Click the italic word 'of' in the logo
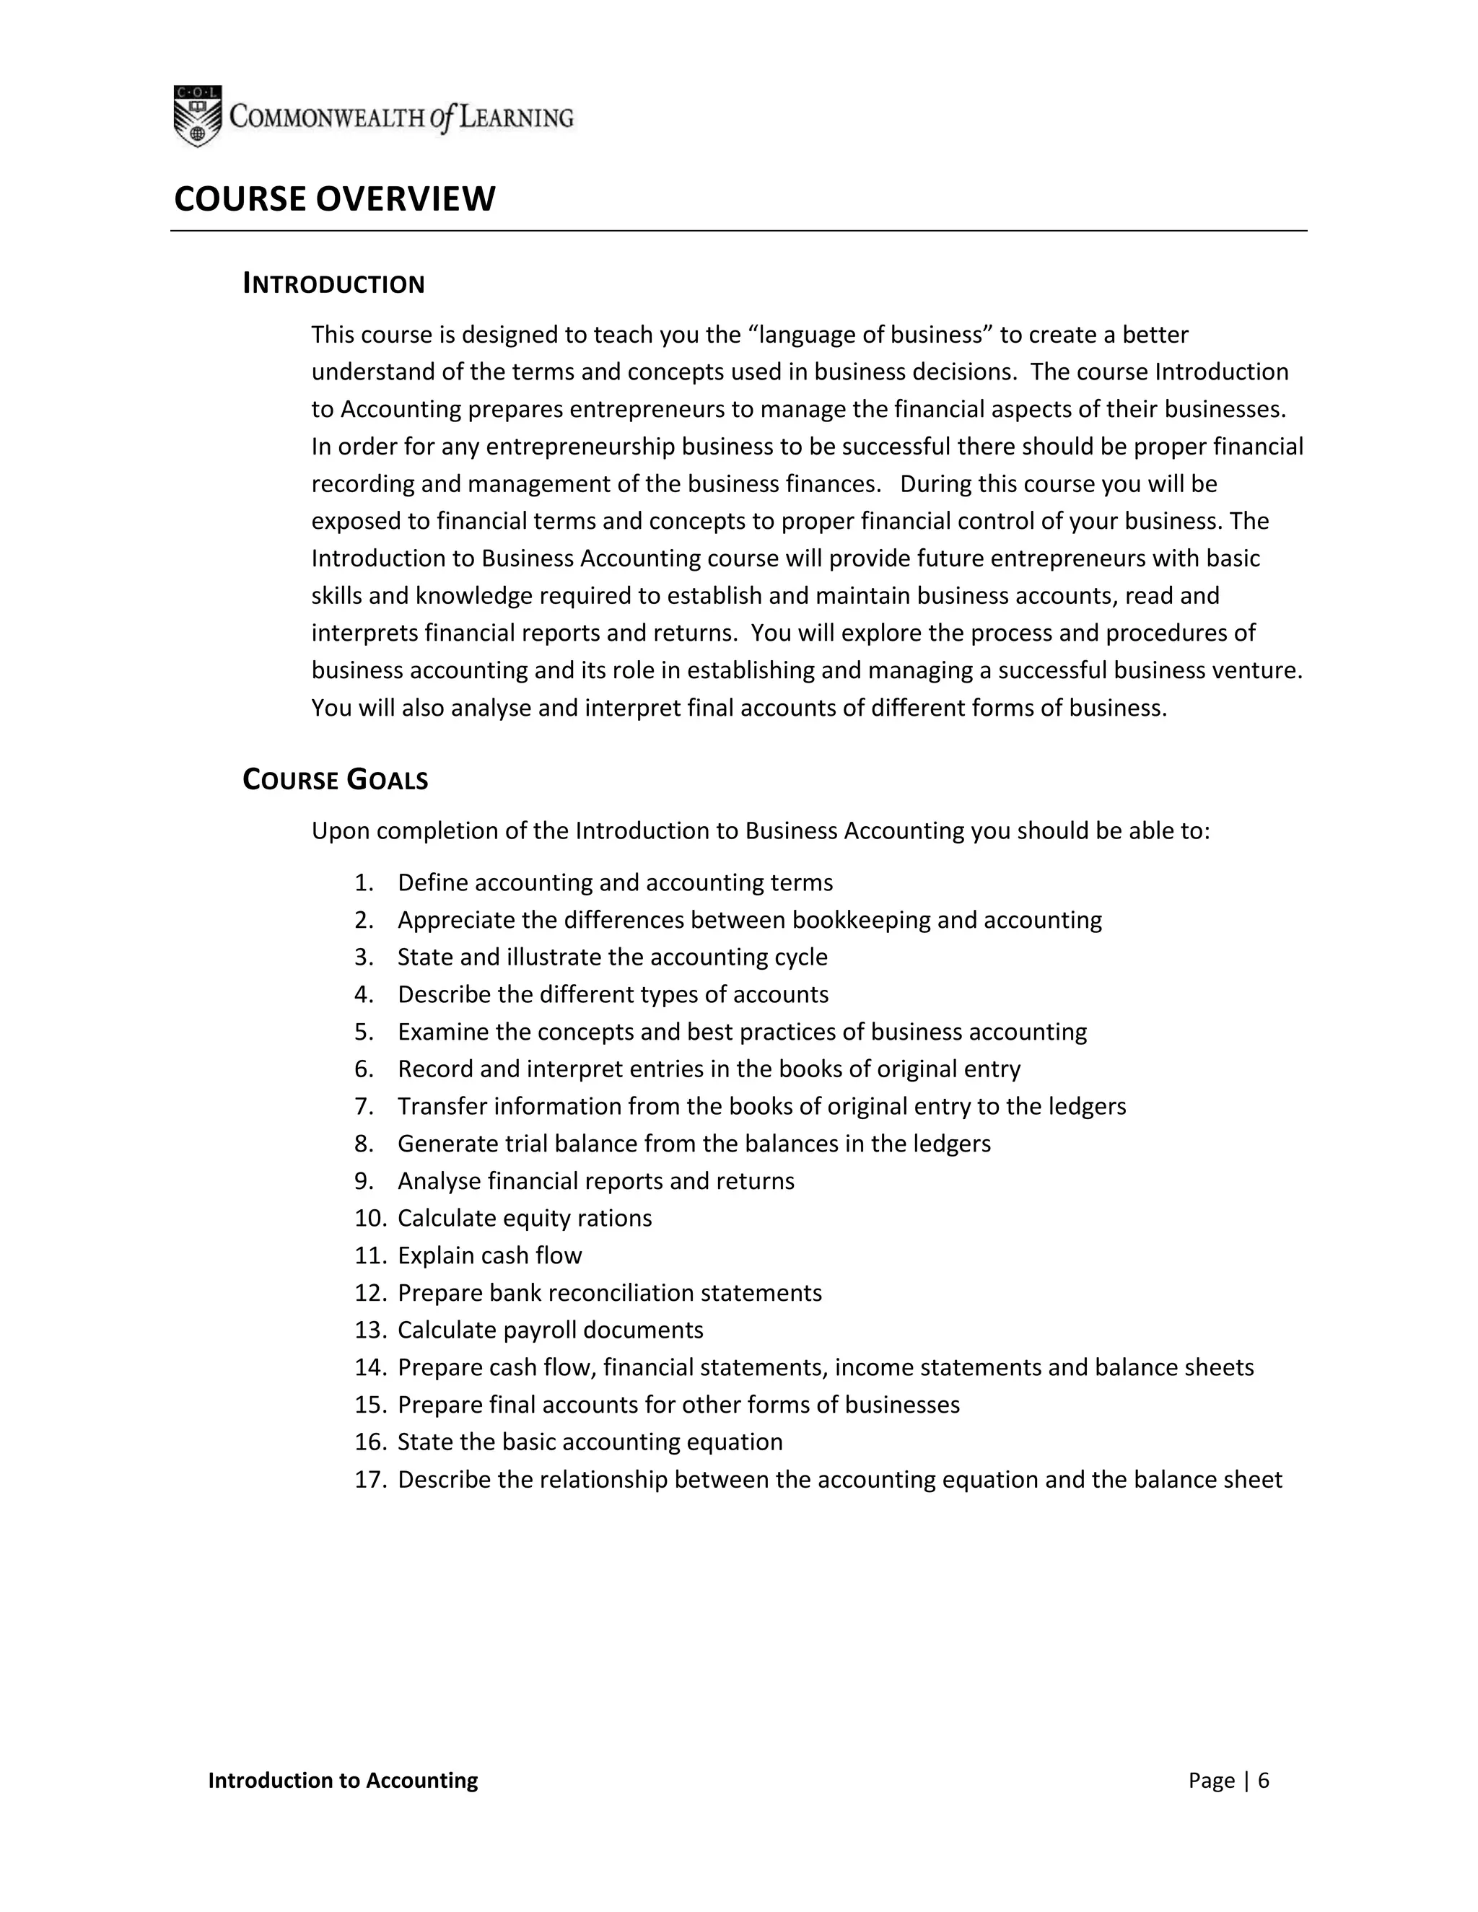(442, 118)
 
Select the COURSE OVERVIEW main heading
(334, 200)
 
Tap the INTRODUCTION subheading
(333, 284)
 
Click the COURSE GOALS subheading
(336, 780)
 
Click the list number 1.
(364, 882)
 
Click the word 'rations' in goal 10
(616, 1219)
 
